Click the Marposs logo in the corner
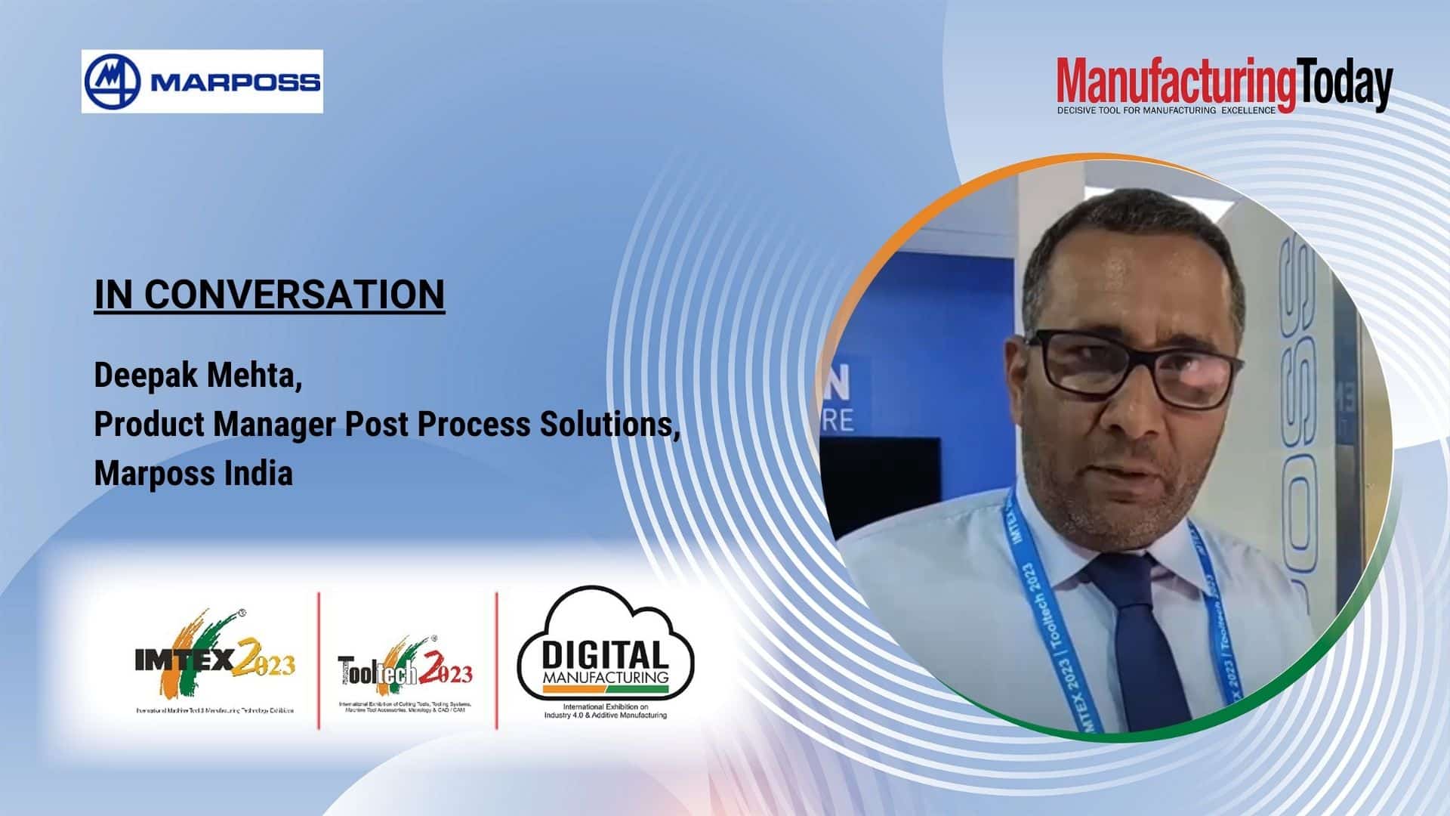(202, 82)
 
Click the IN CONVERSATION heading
(270, 294)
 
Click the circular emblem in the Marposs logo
(113, 82)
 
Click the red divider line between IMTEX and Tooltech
(319, 660)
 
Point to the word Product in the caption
(150, 425)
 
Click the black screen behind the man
(884, 484)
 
